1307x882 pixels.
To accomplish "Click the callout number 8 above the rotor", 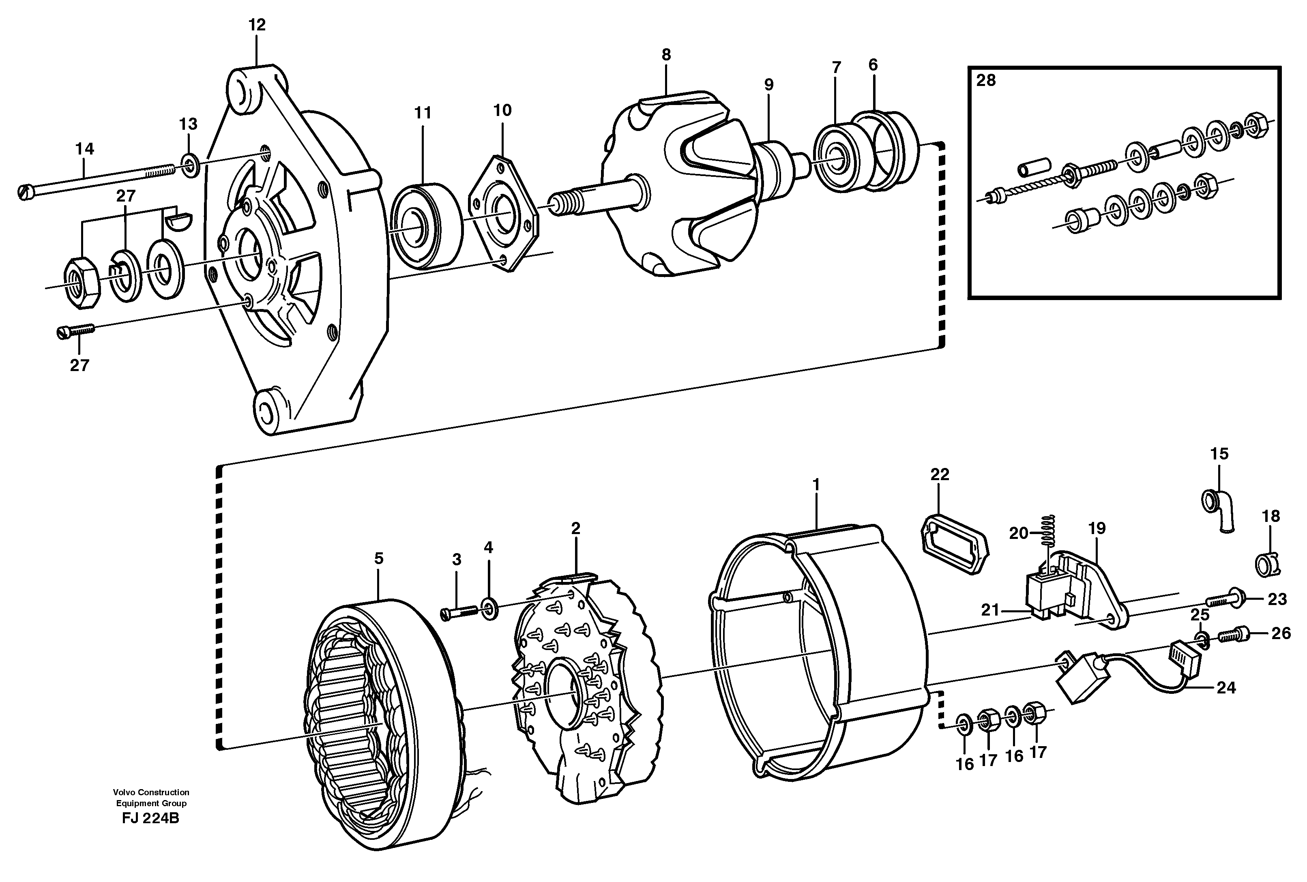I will [666, 55].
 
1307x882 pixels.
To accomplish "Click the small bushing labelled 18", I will [1268, 564].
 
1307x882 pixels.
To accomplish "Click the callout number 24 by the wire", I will [1226, 688].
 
